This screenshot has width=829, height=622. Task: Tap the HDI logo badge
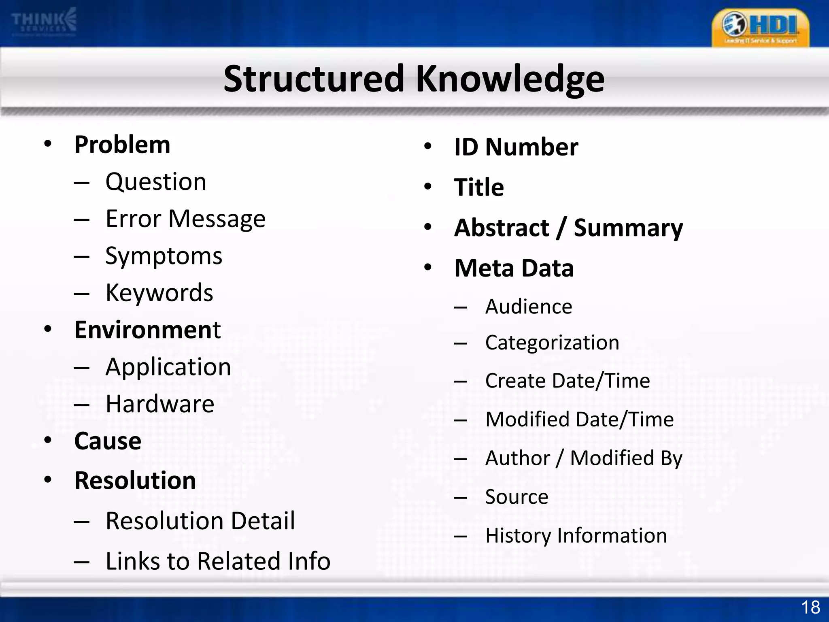(760, 28)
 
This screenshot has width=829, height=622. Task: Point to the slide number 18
(810, 607)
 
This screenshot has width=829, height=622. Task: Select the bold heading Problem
(122, 145)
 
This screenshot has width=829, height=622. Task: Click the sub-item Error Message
(185, 219)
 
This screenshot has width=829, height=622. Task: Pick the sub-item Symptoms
(164, 256)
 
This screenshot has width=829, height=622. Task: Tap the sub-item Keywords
(159, 293)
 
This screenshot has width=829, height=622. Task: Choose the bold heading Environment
(147, 330)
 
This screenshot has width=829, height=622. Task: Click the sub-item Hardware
(160, 404)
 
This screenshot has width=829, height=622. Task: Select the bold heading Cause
(108, 441)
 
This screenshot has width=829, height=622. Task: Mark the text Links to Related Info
(218, 561)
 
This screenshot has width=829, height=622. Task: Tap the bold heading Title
(479, 187)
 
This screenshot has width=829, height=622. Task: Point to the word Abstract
(502, 228)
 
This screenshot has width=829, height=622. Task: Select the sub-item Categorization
(552, 343)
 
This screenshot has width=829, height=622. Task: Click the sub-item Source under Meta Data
(517, 496)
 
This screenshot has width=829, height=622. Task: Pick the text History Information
(576, 535)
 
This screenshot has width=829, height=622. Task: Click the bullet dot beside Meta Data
(428, 267)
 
